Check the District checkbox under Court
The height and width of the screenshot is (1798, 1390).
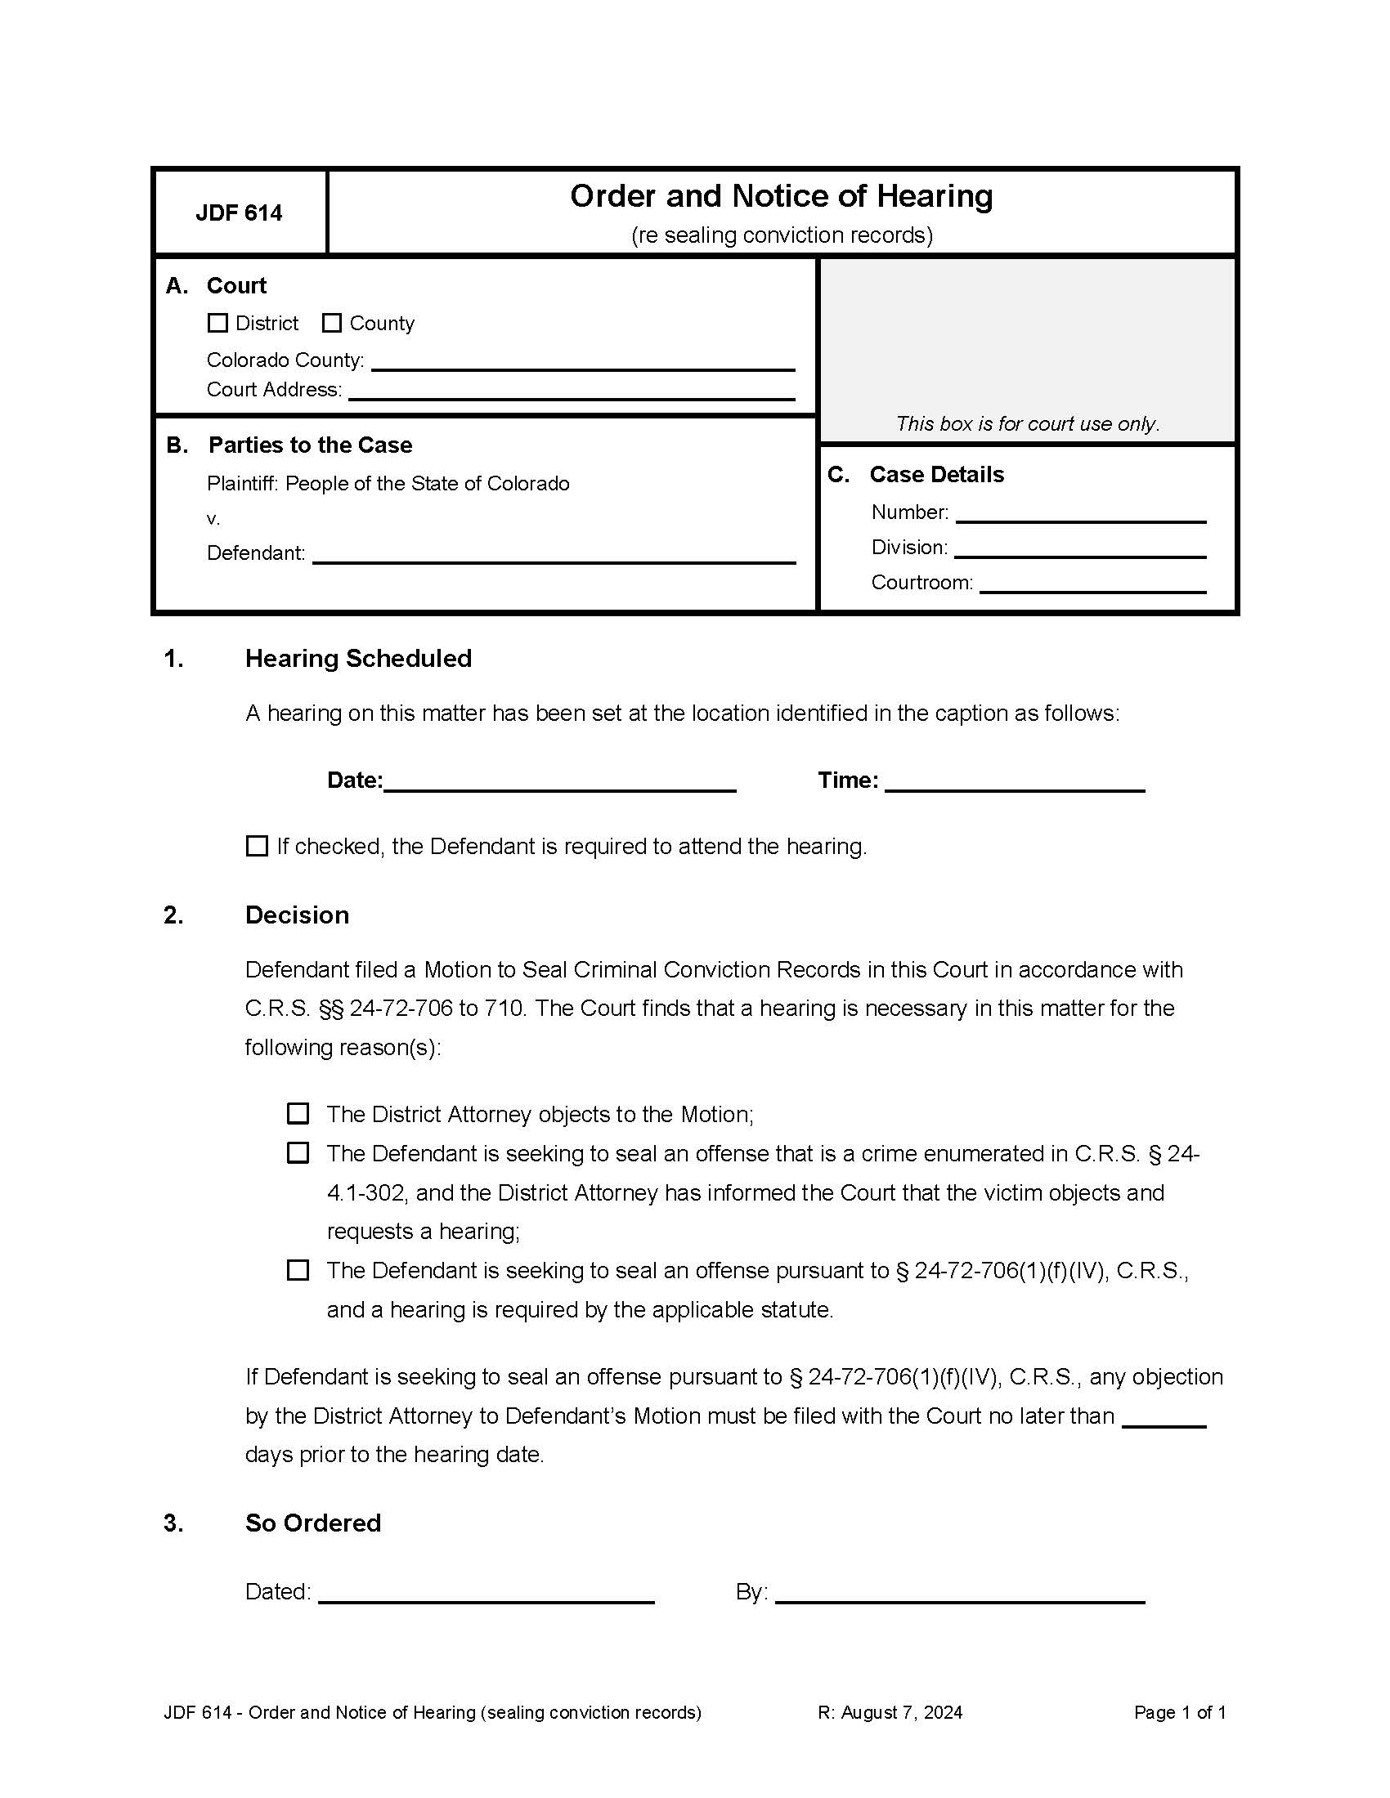click(217, 323)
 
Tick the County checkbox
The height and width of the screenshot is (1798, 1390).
click(331, 323)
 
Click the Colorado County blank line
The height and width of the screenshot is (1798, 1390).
click(582, 362)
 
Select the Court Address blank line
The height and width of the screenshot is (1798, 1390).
click(571, 391)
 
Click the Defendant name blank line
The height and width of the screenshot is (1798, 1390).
click(554, 555)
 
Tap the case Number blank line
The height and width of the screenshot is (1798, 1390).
click(1080, 515)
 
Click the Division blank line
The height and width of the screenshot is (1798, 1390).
click(1079, 550)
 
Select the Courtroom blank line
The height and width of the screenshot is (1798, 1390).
click(1092, 584)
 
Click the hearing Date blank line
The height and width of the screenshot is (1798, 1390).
click(559, 782)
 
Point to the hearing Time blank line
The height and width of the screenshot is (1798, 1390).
click(1015, 782)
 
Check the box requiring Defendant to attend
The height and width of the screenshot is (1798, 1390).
click(257, 847)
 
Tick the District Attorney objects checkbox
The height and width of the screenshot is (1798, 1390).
click(298, 1114)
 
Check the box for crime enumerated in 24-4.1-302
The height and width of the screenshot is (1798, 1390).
click(298, 1153)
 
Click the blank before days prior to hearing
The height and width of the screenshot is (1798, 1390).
click(1164, 1418)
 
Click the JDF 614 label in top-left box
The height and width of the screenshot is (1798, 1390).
click(239, 213)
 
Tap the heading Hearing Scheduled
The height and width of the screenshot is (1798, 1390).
click(358, 659)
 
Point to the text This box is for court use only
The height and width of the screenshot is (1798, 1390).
click(1028, 424)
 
